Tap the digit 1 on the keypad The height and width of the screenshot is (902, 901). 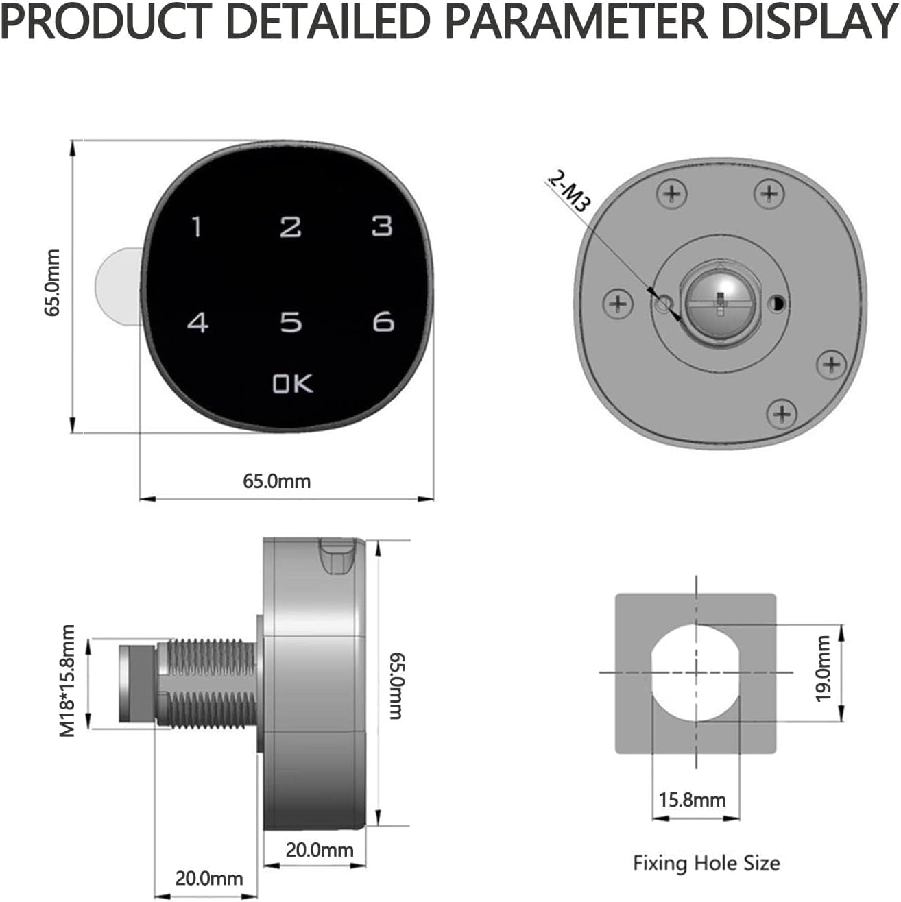(x=197, y=227)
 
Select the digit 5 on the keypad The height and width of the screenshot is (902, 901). (x=291, y=322)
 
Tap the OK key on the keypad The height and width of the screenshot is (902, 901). (x=292, y=384)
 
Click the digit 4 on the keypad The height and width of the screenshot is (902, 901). (x=198, y=322)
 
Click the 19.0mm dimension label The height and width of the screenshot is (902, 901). (x=823, y=669)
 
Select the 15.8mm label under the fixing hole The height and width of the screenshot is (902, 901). (x=692, y=799)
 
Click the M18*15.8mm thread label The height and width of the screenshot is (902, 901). (x=67, y=681)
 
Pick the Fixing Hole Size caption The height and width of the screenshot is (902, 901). (x=706, y=862)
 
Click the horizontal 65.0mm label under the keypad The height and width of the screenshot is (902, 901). (x=276, y=481)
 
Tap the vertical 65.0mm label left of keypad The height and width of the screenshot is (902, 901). (x=53, y=282)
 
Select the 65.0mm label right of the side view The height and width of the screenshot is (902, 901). (x=396, y=685)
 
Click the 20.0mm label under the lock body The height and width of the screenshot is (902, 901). (x=319, y=850)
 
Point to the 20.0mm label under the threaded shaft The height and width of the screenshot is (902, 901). (x=208, y=878)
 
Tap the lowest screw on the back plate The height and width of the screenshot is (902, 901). (x=781, y=413)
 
